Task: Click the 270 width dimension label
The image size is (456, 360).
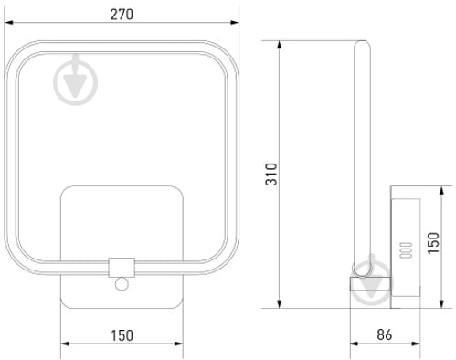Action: pyautogui.click(x=122, y=15)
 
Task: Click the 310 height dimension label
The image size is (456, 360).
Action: pyautogui.click(x=271, y=175)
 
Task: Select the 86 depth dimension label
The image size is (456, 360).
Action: pyautogui.click(x=385, y=334)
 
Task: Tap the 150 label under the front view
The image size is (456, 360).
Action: pyautogui.click(x=122, y=335)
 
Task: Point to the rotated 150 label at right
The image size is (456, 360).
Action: pyautogui.click(x=433, y=243)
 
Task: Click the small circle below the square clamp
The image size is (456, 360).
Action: pyautogui.click(x=122, y=284)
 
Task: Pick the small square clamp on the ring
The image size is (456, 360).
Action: pyautogui.click(x=122, y=268)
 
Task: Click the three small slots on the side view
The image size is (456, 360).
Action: pyautogui.click(x=406, y=250)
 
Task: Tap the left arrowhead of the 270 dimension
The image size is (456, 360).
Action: pyautogui.click(x=9, y=23)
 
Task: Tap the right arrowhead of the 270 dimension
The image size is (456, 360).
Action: pyautogui.click(x=234, y=23)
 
